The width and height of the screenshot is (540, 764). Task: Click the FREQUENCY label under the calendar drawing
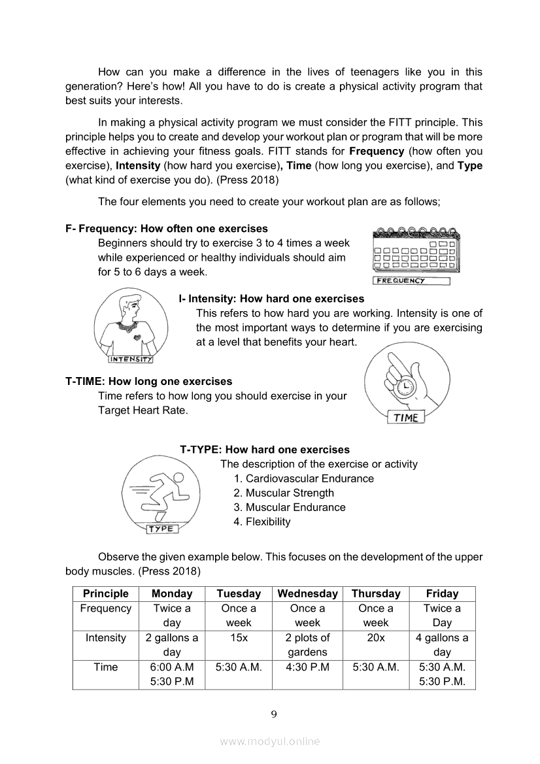[x=411, y=281]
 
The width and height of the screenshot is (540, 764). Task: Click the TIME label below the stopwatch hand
[x=406, y=418]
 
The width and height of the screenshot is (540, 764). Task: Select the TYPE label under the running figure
[x=161, y=529]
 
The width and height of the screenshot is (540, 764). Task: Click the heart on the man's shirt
[x=136, y=337]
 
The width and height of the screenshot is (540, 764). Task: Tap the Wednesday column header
[x=307, y=593]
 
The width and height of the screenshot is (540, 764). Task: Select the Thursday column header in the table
[x=375, y=593]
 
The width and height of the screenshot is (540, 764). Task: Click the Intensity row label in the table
[x=105, y=638]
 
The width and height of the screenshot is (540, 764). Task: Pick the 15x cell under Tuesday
[x=239, y=638]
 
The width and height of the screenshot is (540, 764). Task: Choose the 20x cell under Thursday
[x=375, y=638]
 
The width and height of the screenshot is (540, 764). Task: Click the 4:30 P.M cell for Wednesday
[x=307, y=667]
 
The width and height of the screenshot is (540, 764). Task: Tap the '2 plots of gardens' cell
[x=307, y=645]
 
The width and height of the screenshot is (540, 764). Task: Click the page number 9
[x=274, y=714]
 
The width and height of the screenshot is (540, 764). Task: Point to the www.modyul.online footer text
[x=270, y=741]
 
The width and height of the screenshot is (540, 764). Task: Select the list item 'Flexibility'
[x=267, y=522]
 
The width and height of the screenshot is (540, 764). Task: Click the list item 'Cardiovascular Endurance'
[x=309, y=478]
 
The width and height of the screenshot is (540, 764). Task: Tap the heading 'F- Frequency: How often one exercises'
[x=167, y=229]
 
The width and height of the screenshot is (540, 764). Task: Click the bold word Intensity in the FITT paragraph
[x=138, y=166]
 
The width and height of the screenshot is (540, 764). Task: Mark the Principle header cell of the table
[x=105, y=593]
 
